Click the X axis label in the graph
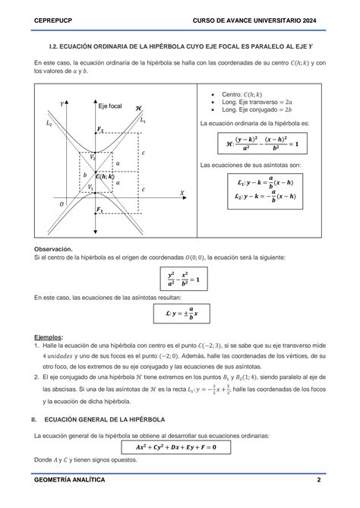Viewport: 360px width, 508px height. (182, 194)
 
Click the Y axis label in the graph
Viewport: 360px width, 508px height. (61, 103)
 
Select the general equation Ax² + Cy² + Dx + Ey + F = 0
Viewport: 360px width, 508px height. (180, 447)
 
